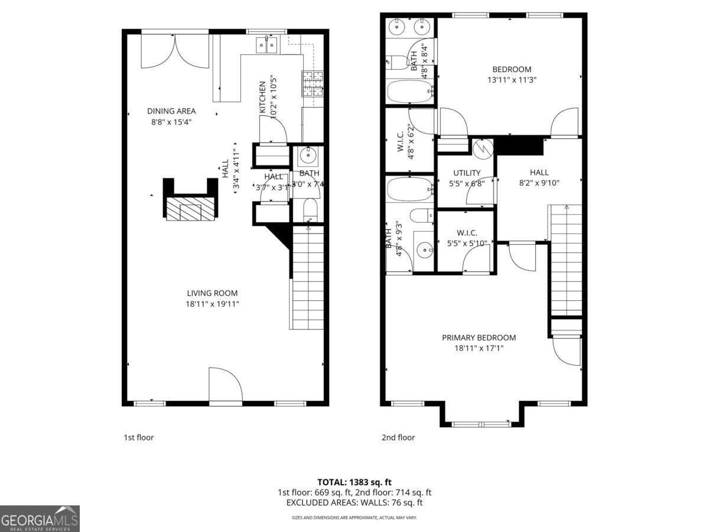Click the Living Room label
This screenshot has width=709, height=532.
click(x=212, y=293)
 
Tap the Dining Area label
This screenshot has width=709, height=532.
click(x=171, y=111)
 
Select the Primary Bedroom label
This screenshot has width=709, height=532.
click(x=479, y=338)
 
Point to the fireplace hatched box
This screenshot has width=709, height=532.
click(x=190, y=209)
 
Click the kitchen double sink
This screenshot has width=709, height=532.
click(x=267, y=44)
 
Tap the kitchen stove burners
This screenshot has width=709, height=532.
click(x=313, y=83)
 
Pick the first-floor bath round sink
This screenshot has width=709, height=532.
click(x=308, y=157)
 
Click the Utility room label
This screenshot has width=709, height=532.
click(x=467, y=173)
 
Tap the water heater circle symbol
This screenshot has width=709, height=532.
click(x=483, y=147)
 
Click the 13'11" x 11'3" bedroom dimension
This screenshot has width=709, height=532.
click(x=512, y=79)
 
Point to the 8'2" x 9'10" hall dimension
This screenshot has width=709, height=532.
click(x=539, y=183)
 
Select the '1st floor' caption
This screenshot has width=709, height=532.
click(x=138, y=437)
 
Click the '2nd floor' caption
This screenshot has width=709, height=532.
click(x=398, y=437)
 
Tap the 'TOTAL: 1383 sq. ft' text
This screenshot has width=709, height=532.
click(x=354, y=482)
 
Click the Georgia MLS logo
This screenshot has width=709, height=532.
click(x=40, y=518)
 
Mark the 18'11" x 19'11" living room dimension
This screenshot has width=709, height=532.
click(x=212, y=304)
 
